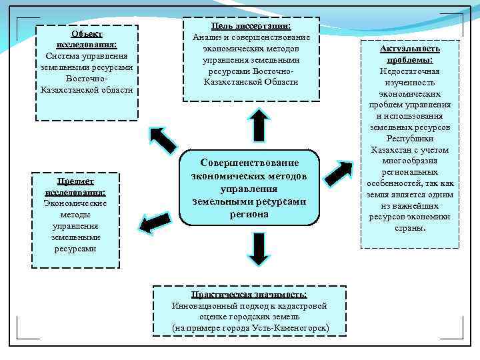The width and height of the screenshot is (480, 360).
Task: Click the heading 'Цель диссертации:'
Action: [x=251, y=25]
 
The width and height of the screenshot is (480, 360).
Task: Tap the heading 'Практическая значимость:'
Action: [x=249, y=295]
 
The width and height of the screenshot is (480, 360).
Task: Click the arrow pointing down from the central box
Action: [x=259, y=249]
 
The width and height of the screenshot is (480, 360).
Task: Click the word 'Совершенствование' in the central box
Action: [x=250, y=163]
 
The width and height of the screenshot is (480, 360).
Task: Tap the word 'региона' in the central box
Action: [x=250, y=214]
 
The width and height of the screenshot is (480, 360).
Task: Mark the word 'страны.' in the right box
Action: [x=410, y=228]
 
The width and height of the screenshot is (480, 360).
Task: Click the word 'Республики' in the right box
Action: [x=410, y=139]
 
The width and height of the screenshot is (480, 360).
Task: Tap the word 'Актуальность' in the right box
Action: [x=410, y=49]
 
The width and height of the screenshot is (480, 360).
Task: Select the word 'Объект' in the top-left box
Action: [x=87, y=33]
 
